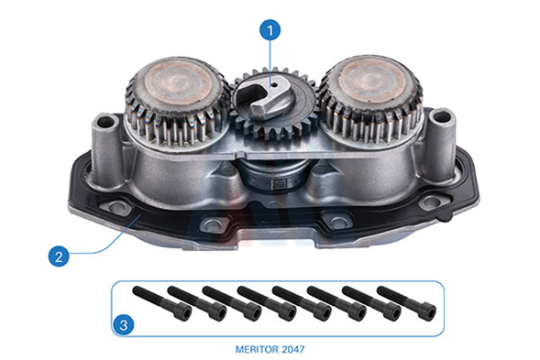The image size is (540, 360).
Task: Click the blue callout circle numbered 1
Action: tap(270, 30)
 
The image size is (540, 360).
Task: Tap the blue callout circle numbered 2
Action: tap(59, 256)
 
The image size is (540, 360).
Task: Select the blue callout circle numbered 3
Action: tap(123, 324)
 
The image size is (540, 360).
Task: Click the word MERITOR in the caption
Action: tap(258, 349)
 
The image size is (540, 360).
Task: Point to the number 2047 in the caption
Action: tap(293, 349)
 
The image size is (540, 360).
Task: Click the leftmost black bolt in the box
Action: tap(162, 303)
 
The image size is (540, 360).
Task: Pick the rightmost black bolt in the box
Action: tap(407, 303)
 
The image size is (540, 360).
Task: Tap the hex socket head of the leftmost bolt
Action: tap(182, 312)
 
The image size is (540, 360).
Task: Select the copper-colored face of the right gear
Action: tap(372, 82)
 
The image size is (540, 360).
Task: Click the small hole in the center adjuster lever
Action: tap(273, 84)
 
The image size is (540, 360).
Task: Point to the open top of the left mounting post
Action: tap(106, 122)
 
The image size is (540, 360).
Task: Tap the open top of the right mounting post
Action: tap(441, 117)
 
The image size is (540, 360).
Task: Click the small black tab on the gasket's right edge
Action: tap(445, 217)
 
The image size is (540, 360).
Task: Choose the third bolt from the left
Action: tap(232, 303)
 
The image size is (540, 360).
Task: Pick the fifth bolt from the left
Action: tap(302, 303)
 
